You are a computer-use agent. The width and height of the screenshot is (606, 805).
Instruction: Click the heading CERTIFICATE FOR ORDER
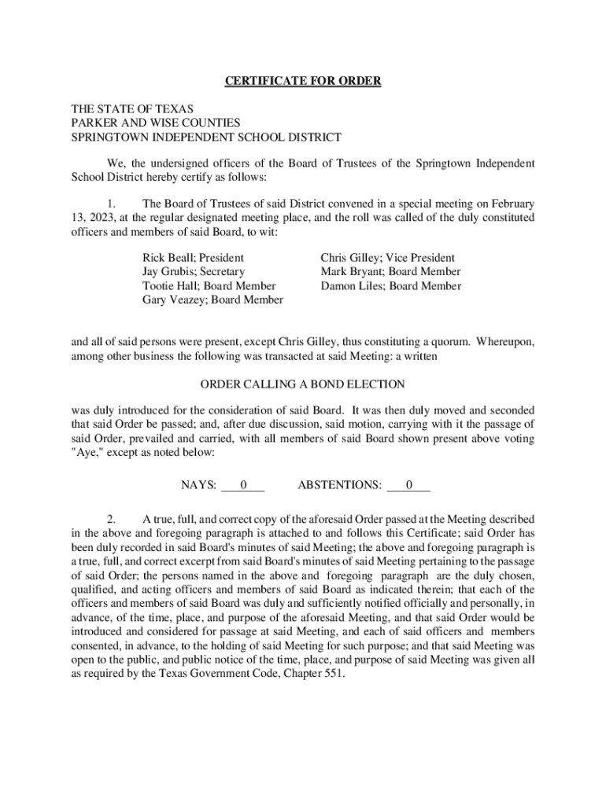(x=303, y=81)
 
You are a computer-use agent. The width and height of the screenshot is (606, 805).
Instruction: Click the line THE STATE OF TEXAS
(x=132, y=108)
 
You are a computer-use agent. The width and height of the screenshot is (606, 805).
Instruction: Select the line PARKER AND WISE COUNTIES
(x=156, y=123)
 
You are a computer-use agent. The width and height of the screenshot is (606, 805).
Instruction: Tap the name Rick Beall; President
(x=193, y=257)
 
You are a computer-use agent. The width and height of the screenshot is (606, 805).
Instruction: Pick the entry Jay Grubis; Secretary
(x=194, y=271)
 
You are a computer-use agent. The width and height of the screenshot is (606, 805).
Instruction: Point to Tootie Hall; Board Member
(x=209, y=285)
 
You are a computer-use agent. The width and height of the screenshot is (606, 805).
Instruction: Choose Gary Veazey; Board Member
(x=212, y=300)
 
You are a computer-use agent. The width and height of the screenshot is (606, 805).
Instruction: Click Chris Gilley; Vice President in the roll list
(x=387, y=257)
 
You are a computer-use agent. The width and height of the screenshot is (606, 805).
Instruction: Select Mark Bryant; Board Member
(x=390, y=271)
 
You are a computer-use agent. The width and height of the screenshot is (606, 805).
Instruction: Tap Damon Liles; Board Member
(x=390, y=285)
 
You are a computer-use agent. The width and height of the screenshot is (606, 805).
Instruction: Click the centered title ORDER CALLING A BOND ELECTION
(x=303, y=384)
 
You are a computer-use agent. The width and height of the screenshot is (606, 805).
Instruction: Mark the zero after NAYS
(x=243, y=485)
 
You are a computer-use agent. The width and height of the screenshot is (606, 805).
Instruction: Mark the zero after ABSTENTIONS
(x=408, y=485)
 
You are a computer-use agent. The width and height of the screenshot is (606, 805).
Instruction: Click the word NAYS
(x=198, y=485)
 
